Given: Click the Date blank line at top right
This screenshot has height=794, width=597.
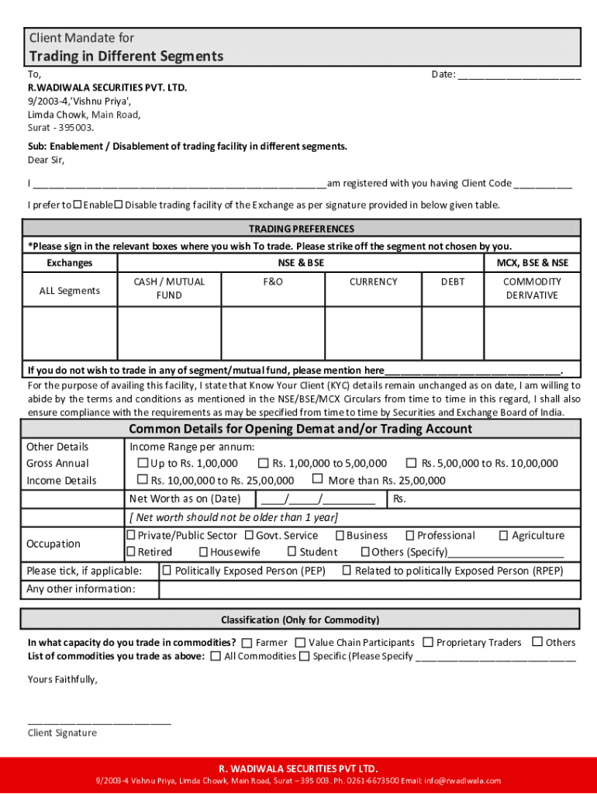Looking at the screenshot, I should tap(519, 76).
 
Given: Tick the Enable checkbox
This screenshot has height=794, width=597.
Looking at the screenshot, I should tap(78, 205).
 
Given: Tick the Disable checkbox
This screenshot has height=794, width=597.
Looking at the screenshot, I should tap(119, 205).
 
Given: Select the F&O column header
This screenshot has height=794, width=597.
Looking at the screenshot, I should tap(273, 282).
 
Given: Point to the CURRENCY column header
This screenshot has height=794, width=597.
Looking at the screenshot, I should tap(373, 282).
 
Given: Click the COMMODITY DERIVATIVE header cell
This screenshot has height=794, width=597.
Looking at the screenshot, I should tap(532, 288).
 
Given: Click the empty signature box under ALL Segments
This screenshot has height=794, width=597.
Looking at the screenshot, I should tap(69, 333).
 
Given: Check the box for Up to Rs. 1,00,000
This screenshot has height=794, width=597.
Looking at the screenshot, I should tap(143, 464).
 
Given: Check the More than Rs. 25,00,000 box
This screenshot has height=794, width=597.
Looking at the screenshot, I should tap(318, 480).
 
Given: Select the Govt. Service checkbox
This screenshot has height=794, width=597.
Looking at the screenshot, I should tap(250, 535).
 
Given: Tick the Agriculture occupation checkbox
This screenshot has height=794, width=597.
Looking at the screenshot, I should tap(504, 535).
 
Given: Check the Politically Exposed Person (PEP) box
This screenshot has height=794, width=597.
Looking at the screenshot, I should tap(167, 571).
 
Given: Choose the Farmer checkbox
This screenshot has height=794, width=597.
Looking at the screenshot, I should tap(247, 643).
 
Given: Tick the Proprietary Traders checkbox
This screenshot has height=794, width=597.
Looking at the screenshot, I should tap(429, 642).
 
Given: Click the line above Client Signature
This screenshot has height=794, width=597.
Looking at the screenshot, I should tap(99, 722).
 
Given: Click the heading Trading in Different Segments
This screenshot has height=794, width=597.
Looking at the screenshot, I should tap(126, 56).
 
